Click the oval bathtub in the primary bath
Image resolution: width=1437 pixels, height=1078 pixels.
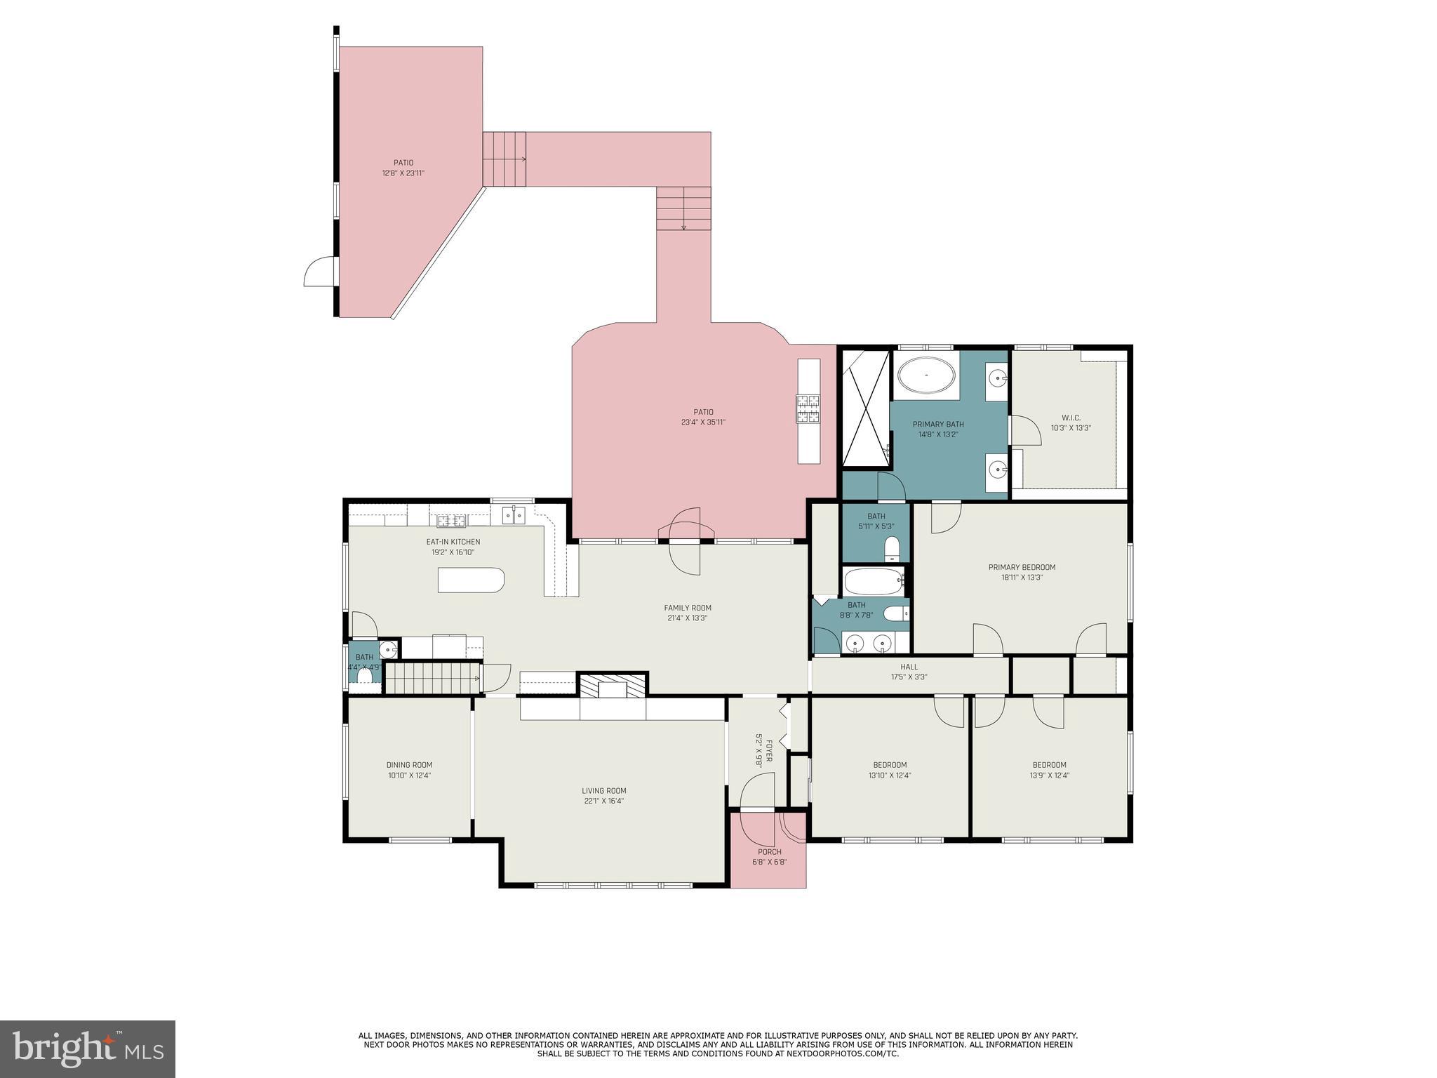coord(927,375)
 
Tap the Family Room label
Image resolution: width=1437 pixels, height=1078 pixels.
coord(688,608)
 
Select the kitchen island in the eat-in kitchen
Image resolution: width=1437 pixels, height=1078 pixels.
coord(471,580)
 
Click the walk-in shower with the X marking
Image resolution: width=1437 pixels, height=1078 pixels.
coord(866,408)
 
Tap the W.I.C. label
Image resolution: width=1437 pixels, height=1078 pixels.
coord(1071,418)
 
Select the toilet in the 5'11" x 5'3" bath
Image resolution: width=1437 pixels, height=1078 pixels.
coord(893,547)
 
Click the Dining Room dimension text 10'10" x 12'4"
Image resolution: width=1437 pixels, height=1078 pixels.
coord(409,776)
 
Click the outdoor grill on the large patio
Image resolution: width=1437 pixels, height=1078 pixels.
coord(808,409)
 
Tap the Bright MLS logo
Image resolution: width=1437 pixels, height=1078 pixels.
coord(88,1049)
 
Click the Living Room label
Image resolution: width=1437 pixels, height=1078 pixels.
coord(603,791)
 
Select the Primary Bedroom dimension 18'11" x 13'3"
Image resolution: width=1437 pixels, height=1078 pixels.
coord(1022,578)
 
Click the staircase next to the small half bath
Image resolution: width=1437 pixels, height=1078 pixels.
coord(431,679)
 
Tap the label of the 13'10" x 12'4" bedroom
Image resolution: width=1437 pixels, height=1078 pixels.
coord(890,765)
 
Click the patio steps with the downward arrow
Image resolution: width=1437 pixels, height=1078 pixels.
coord(683,208)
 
